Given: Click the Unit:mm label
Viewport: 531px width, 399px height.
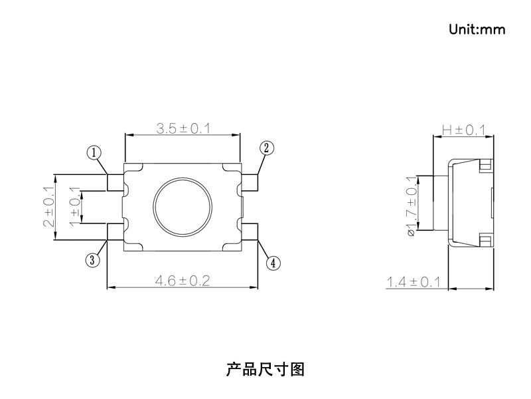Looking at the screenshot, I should click(x=477, y=29).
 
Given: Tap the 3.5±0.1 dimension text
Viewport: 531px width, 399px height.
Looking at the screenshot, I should click(x=183, y=128).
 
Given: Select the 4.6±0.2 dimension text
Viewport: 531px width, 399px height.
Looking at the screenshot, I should click(x=182, y=281).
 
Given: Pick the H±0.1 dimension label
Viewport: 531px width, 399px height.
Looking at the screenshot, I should click(x=464, y=130).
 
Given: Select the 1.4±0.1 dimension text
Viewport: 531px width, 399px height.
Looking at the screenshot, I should click(x=414, y=283).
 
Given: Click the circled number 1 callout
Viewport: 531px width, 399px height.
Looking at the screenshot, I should click(x=94, y=153).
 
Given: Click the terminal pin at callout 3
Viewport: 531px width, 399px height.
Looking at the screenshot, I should click(x=115, y=231).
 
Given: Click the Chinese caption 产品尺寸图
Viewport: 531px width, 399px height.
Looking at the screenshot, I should click(x=265, y=369).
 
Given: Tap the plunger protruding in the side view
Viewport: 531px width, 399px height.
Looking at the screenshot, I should click(x=441, y=203).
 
